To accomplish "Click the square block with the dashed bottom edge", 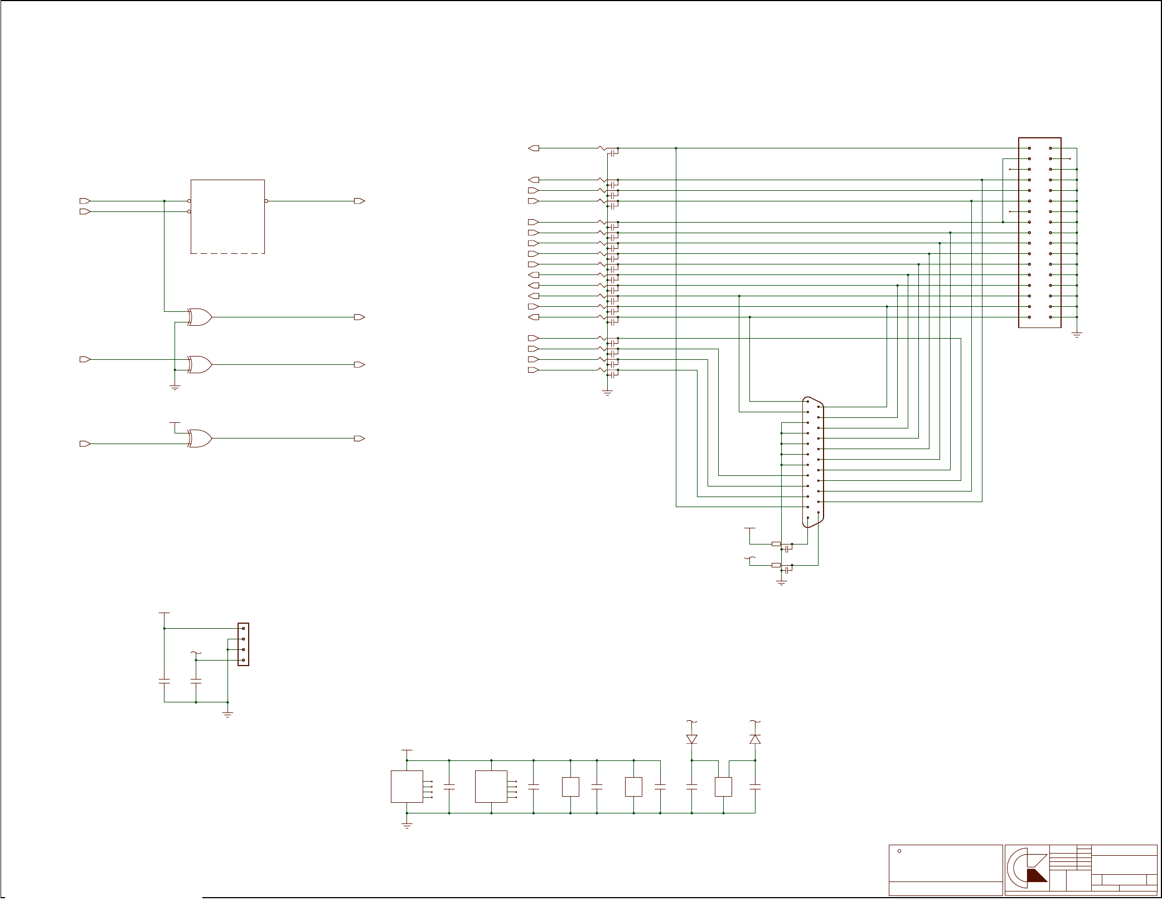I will point(227,216).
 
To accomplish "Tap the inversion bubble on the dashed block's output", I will point(267,201).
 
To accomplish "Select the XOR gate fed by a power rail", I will point(200,439).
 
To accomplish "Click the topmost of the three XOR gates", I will point(200,317).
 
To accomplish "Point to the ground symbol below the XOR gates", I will point(175,387).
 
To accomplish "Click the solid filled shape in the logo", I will point(1037,875).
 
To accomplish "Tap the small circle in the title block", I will point(899,851).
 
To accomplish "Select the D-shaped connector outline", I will point(813,462).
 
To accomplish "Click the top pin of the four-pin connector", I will point(243,628).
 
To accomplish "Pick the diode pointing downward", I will point(692,739).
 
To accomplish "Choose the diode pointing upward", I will point(755,739).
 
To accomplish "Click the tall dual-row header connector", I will point(1040,233).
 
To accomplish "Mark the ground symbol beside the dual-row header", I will point(1077,335).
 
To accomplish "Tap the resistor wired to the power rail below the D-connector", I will point(776,544).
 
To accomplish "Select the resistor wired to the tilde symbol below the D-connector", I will point(776,565).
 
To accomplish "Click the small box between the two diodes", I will point(723,787).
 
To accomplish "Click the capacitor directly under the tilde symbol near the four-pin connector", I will point(196,681).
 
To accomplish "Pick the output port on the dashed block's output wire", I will point(360,201).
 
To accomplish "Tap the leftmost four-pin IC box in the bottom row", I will point(407,787).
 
